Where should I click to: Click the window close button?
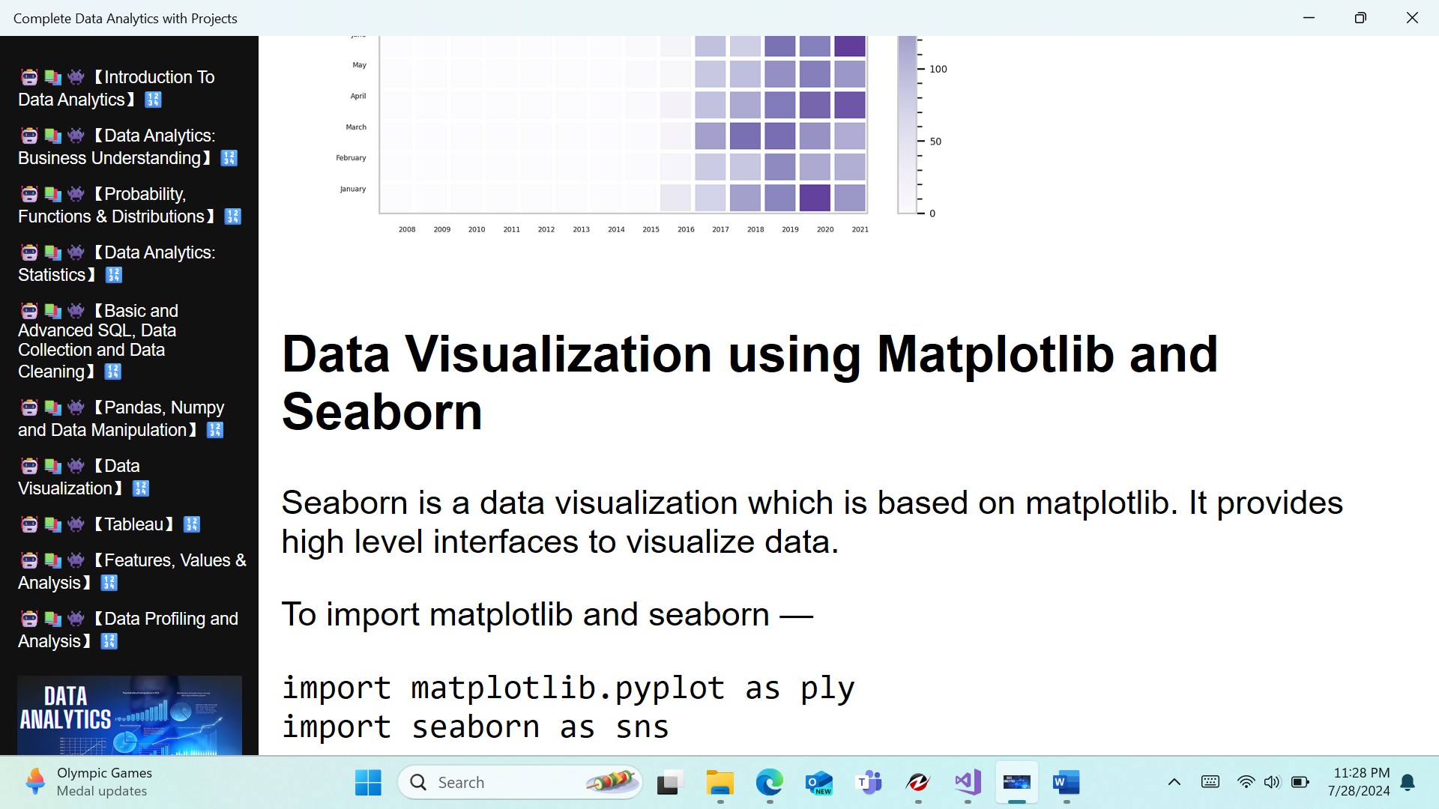(1412, 18)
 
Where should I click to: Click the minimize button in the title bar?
(1309, 18)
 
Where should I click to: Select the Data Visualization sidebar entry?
(84, 477)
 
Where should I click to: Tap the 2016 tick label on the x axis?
(686, 229)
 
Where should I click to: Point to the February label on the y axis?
(351, 158)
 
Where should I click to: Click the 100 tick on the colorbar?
(938, 69)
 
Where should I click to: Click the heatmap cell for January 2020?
(815, 198)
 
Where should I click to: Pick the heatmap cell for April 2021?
(850, 105)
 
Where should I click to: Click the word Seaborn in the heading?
(382, 412)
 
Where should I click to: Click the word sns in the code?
(642, 727)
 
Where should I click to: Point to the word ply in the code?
(827, 689)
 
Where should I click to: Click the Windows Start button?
(368, 783)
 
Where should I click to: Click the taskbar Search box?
(520, 783)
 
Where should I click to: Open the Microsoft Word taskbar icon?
(1066, 783)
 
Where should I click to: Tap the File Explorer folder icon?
(719, 783)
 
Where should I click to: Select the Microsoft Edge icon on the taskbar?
(769, 783)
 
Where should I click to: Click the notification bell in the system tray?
(1408, 783)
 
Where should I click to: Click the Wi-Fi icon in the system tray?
(1246, 782)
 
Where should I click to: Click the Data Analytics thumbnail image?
(130, 715)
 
